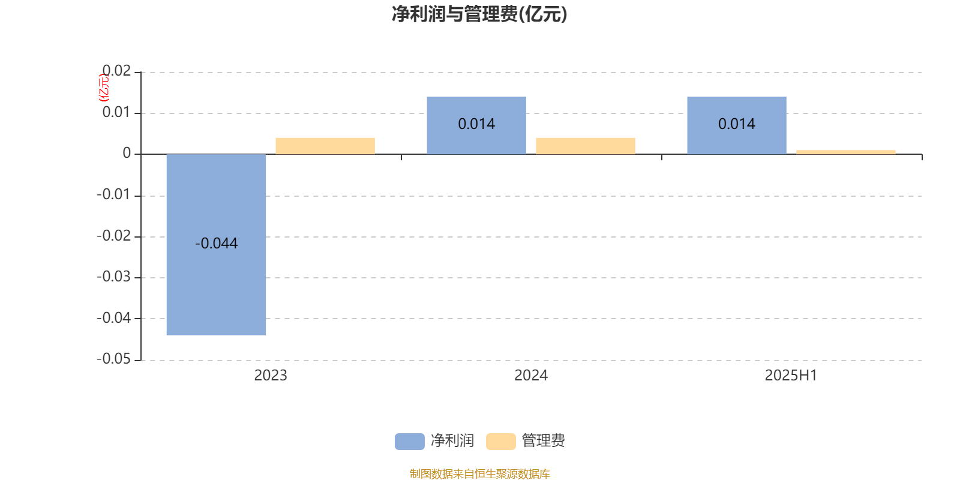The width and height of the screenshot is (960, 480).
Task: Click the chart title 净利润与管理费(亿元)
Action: pyautogui.click(x=479, y=14)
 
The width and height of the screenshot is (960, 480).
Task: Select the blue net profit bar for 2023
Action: pyautogui.click(x=216, y=244)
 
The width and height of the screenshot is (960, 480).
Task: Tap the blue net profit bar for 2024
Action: pyautogui.click(x=476, y=125)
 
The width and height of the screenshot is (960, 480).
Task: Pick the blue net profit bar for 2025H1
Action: pyautogui.click(x=737, y=125)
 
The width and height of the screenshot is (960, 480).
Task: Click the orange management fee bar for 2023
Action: pyautogui.click(x=325, y=146)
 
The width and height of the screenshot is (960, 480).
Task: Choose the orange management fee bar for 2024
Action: pyautogui.click(x=586, y=146)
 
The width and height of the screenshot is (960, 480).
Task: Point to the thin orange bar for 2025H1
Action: pyautogui.click(x=846, y=152)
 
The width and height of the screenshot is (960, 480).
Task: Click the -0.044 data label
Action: pyautogui.click(x=216, y=244)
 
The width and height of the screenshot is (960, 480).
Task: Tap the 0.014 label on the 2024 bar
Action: pyautogui.click(x=476, y=124)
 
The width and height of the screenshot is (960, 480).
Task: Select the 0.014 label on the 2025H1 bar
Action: pyautogui.click(x=737, y=124)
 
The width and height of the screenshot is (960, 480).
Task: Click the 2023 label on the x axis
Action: pyautogui.click(x=271, y=376)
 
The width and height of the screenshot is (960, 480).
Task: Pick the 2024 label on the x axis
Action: pyautogui.click(x=531, y=376)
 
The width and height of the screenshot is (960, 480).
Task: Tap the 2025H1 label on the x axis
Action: pyautogui.click(x=791, y=376)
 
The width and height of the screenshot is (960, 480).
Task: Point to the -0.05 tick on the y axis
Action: pyautogui.click(x=113, y=359)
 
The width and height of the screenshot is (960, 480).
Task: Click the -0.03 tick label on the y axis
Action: pyautogui.click(x=113, y=277)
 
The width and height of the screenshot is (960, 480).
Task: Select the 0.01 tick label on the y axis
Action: pyautogui.click(x=116, y=112)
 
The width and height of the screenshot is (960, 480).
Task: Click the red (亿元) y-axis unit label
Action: pyautogui.click(x=104, y=88)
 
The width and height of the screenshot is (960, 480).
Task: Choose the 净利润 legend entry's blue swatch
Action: pyautogui.click(x=410, y=442)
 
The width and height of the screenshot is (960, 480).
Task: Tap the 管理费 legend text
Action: pyautogui.click(x=543, y=440)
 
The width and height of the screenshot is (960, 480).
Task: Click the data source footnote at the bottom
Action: pyautogui.click(x=479, y=473)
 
